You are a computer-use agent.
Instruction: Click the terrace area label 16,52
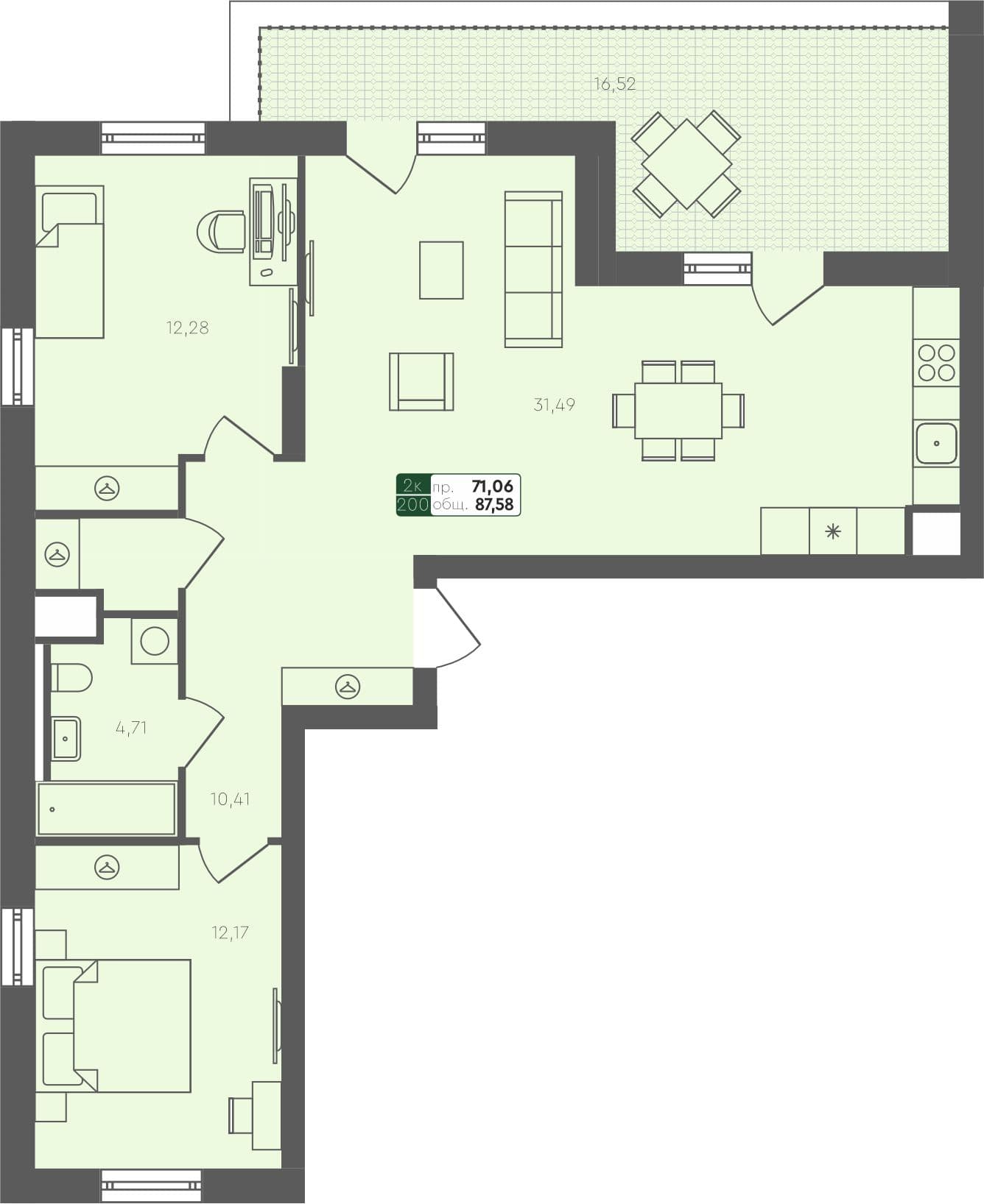(x=615, y=84)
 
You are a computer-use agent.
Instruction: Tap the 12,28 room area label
(x=187, y=327)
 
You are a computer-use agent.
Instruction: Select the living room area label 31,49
(x=554, y=404)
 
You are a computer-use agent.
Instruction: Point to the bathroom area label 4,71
(x=131, y=728)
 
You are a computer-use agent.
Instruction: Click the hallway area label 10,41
(x=230, y=798)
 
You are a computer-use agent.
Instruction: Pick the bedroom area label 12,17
(x=230, y=932)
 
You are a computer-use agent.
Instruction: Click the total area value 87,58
(x=494, y=505)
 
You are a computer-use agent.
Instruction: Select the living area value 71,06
(x=492, y=486)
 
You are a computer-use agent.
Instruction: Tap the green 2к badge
(x=413, y=486)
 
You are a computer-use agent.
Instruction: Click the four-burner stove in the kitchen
(x=936, y=362)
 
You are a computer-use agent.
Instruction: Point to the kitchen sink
(x=936, y=443)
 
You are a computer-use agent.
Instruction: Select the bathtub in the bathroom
(x=106, y=809)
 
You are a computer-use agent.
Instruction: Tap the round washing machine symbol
(x=155, y=641)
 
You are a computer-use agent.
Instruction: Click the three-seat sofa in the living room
(x=533, y=269)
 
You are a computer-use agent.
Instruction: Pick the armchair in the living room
(x=421, y=381)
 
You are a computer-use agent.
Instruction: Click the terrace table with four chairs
(x=686, y=163)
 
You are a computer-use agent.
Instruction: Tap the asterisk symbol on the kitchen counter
(x=833, y=531)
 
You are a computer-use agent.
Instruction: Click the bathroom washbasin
(x=66, y=738)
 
